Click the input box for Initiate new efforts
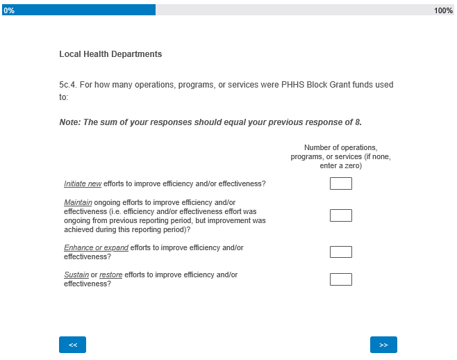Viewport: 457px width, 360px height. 340,183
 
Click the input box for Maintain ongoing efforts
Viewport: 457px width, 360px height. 340,215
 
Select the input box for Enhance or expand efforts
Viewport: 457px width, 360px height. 340,252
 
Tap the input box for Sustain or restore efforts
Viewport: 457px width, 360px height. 340,279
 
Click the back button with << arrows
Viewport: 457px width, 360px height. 72,345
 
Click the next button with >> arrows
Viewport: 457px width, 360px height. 383,345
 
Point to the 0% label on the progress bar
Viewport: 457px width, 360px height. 8,10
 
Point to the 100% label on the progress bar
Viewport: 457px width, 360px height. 443,10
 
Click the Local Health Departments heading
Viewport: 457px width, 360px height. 110,54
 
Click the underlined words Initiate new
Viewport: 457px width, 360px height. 83,184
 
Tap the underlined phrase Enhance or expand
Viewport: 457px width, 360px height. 96,248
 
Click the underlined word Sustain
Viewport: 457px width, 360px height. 76,275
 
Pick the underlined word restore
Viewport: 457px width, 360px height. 110,275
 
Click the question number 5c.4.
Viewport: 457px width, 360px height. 67,85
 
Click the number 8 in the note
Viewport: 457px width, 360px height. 358,122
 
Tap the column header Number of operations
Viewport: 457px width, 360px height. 340,148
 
